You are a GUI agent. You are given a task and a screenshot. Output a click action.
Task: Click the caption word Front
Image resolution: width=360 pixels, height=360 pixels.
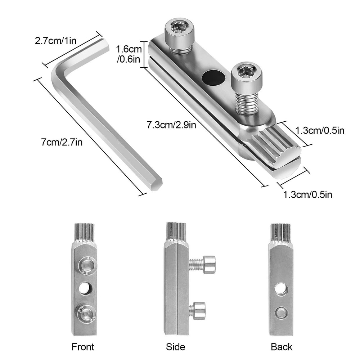pos(83,347)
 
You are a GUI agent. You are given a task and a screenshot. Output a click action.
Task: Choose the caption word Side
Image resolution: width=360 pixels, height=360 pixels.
pos(175,347)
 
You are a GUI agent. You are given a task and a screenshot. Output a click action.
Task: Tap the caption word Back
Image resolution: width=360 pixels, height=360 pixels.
pos(282,347)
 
